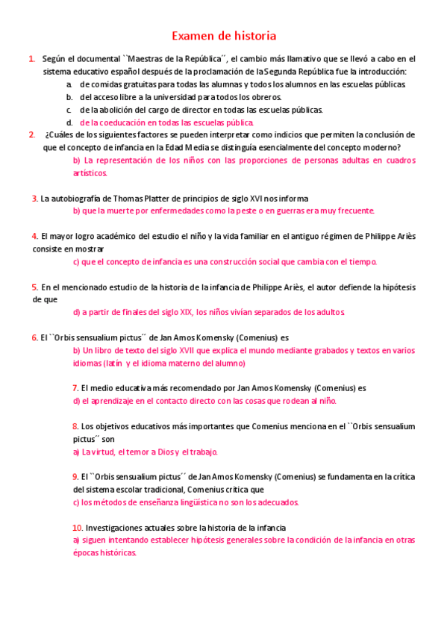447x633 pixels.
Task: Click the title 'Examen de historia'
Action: point(224,36)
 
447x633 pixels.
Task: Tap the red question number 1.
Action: point(31,58)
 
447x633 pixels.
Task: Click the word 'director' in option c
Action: point(199,110)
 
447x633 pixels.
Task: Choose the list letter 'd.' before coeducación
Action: point(69,122)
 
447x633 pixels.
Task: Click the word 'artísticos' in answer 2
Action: point(90,172)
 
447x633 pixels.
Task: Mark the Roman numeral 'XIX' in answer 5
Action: point(171,312)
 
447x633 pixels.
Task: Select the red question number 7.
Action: point(75,388)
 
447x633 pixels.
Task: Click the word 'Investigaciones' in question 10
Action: point(116,528)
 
